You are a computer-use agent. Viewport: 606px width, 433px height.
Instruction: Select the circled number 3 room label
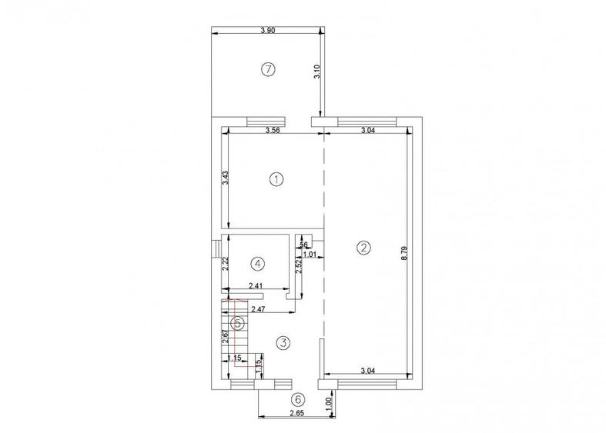click(x=283, y=342)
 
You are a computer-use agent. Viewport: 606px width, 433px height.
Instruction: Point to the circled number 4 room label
click(x=258, y=263)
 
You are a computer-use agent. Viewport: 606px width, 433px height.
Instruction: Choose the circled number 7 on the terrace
click(x=267, y=70)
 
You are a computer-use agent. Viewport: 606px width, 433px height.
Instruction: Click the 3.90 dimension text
click(x=268, y=30)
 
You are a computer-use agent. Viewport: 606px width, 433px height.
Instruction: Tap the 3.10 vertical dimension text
click(x=316, y=73)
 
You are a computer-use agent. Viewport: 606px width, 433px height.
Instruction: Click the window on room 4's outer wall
click(x=217, y=250)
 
